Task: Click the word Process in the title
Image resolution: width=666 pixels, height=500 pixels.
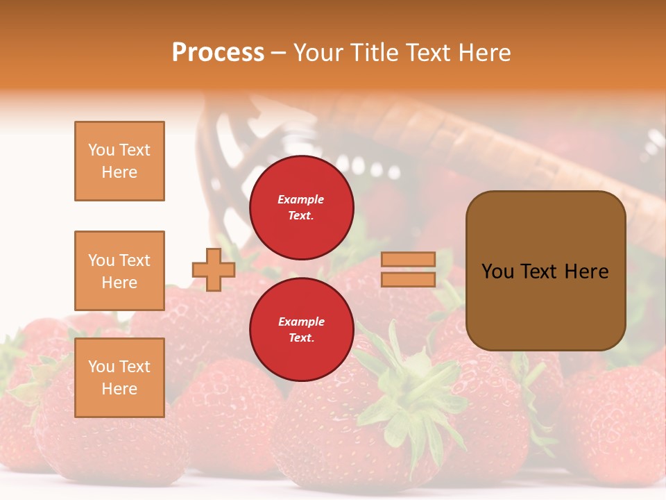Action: [x=218, y=53]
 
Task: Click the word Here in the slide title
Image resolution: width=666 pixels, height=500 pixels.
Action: [x=484, y=53]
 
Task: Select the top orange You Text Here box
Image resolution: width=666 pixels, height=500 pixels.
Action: [x=119, y=161]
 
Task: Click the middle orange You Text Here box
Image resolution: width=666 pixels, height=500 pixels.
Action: [x=119, y=271]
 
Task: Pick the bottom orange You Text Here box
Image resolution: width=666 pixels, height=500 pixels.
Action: [x=119, y=378]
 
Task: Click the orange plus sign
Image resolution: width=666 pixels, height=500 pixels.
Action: [x=214, y=269]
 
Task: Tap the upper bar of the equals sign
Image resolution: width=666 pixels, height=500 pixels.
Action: [x=409, y=259]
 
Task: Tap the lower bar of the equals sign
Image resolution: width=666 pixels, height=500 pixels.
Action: [x=409, y=279]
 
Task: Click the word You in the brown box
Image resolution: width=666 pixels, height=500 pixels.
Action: [x=497, y=272]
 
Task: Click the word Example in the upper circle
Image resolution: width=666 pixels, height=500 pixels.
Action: [x=301, y=199]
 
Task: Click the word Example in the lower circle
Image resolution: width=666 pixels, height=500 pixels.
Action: [x=301, y=322]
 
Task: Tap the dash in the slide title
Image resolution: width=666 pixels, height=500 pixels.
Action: [x=279, y=53]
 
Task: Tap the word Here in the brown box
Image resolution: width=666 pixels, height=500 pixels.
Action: [x=586, y=272]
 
